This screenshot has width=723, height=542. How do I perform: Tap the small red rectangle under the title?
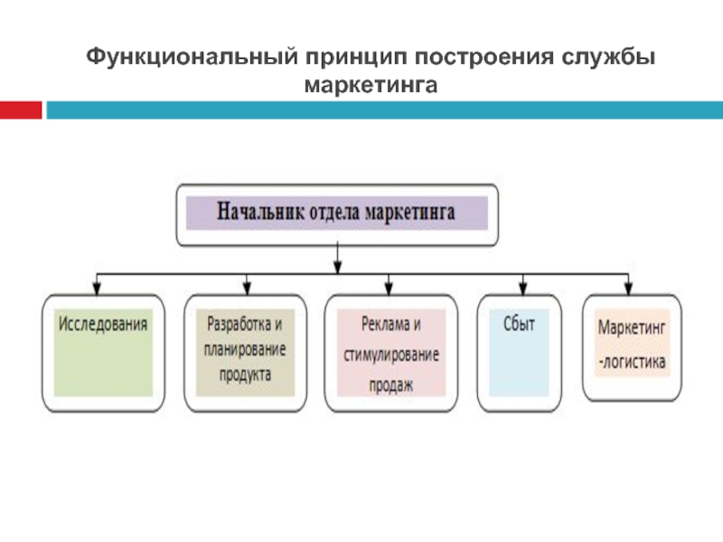pos(20,109)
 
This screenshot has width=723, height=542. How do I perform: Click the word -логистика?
pos(632,362)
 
